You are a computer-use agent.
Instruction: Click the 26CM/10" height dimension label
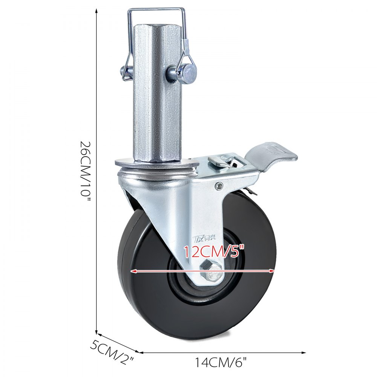pyautogui.click(x=86, y=172)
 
